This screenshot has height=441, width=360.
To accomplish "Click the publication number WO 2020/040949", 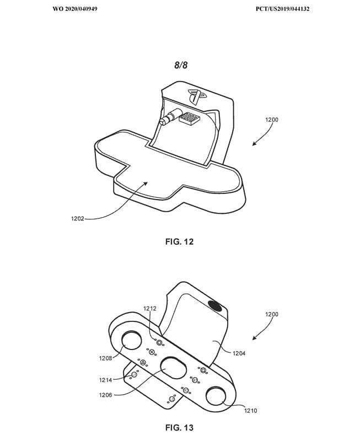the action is pyautogui.click(x=75, y=9).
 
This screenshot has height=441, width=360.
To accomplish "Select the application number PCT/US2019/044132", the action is pyautogui.click(x=282, y=9).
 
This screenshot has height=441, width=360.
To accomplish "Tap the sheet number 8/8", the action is pyautogui.click(x=181, y=65).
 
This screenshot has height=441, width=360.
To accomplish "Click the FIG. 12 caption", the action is pyautogui.click(x=179, y=241).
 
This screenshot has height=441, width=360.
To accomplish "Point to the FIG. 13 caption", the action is pyautogui.click(x=179, y=428).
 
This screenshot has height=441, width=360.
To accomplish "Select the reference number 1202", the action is pyautogui.click(x=77, y=218).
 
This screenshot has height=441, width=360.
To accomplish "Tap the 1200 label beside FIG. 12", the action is pyautogui.click(x=272, y=120).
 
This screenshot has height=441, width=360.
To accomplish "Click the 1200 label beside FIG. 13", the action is pyautogui.click(x=272, y=314).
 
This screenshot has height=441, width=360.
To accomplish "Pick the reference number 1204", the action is pyautogui.click(x=239, y=353).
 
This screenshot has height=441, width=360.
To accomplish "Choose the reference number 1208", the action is pyautogui.click(x=105, y=358).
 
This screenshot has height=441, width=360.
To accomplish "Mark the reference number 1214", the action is pyautogui.click(x=105, y=380).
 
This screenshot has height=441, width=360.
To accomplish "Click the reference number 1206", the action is pyautogui.click(x=105, y=395).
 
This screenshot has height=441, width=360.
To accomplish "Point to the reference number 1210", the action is pyautogui.click(x=251, y=411).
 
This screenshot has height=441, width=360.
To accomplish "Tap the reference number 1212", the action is pyautogui.click(x=150, y=309).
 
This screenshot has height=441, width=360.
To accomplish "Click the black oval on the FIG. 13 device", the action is pyautogui.click(x=215, y=306).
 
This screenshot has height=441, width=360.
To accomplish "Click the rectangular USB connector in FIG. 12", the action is pyautogui.click(x=191, y=118).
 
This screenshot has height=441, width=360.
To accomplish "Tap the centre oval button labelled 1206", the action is pyautogui.click(x=173, y=368).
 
